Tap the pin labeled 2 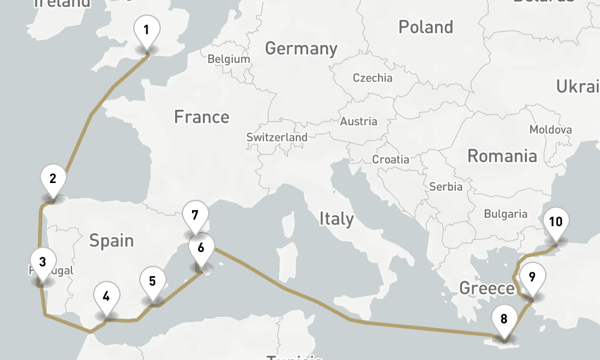[x=53, y=179]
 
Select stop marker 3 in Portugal [x=42, y=262]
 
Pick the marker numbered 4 [x=106, y=296]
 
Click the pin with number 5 [x=152, y=281]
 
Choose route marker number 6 [x=201, y=247]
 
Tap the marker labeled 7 [x=195, y=215]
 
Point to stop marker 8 [x=504, y=319]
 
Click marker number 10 [x=556, y=222]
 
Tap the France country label [x=202, y=116]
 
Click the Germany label [x=301, y=48]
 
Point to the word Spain [x=112, y=241]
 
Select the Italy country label [x=336, y=218]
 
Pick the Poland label [x=425, y=27]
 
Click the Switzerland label [x=277, y=137]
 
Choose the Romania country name [x=502, y=156]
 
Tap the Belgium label [x=229, y=59]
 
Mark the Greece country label [x=487, y=288]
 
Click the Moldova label [x=550, y=130]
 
